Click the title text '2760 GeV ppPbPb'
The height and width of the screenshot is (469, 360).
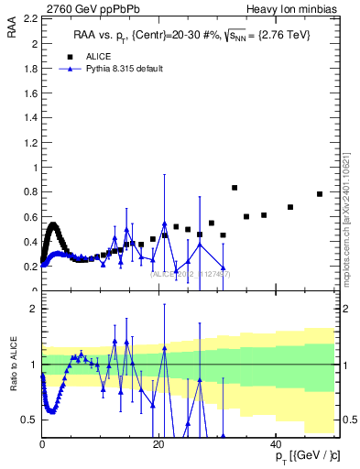click(80, 8)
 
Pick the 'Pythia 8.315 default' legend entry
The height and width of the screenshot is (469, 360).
click(124, 69)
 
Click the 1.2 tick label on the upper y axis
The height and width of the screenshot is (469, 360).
click(30, 143)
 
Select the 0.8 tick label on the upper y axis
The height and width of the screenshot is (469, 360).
click(30, 192)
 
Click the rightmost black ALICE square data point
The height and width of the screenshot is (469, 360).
click(320, 194)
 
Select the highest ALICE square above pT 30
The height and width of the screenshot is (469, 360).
click(235, 188)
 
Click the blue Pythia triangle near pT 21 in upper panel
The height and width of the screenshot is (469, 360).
click(164, 224)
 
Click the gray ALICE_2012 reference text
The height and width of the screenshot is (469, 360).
click(191, 274)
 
